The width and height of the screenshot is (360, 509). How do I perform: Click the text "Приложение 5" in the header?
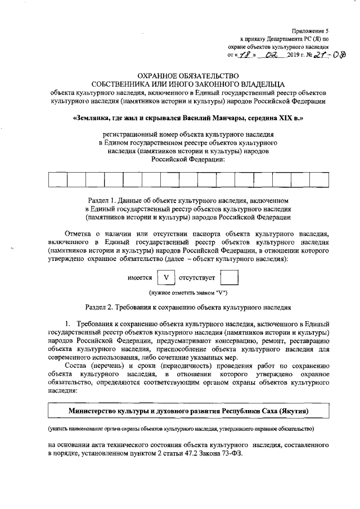310,30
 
